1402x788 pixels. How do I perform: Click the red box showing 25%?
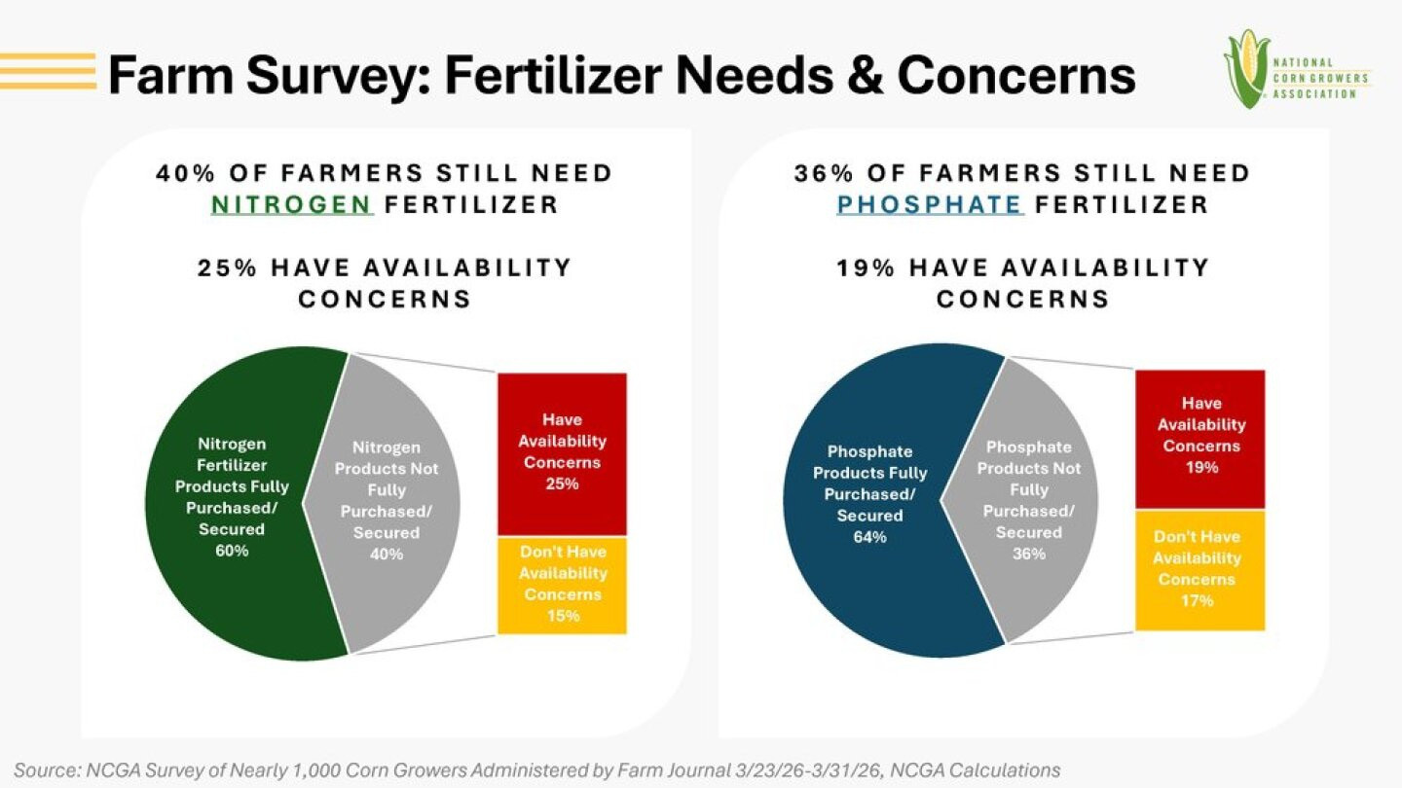562,452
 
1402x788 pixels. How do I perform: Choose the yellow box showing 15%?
562,584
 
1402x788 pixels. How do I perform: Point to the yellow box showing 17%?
1200,569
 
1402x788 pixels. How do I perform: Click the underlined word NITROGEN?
292,205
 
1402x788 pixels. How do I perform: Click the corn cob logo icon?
1245,68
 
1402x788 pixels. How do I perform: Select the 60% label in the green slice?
232,551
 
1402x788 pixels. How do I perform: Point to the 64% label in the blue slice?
869,537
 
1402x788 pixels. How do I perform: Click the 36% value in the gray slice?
1028,554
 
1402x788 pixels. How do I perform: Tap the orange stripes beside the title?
49,71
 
